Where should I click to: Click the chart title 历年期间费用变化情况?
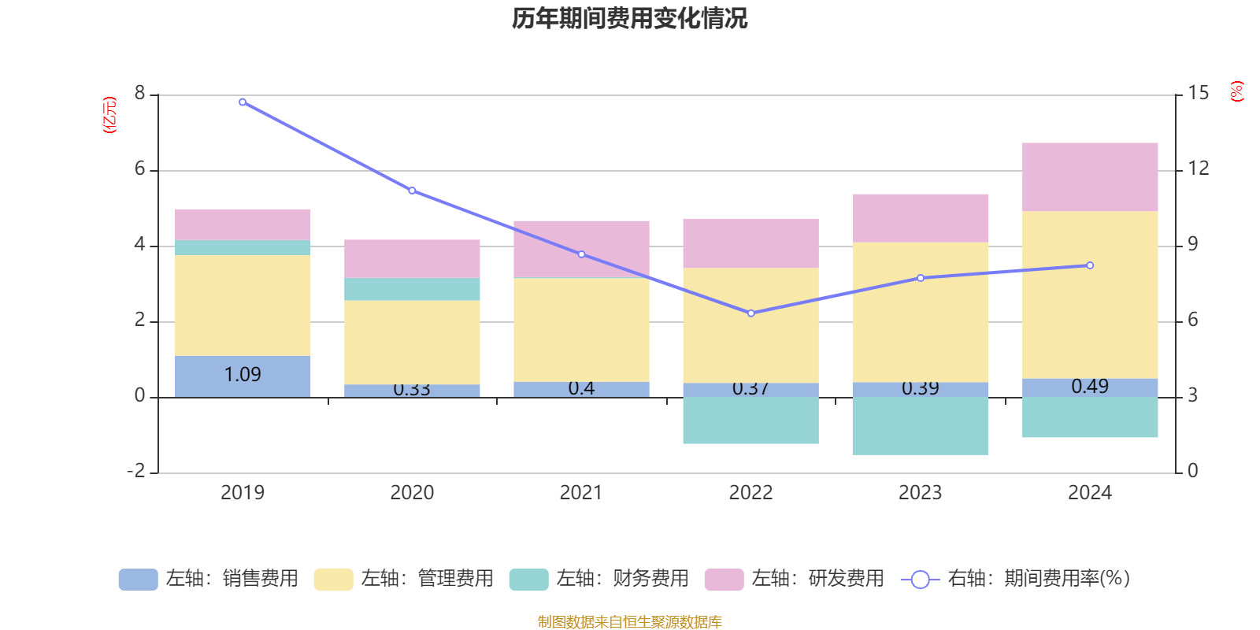[629, 18]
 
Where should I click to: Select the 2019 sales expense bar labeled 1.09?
[243, 376]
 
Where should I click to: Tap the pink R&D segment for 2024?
[1090, 176]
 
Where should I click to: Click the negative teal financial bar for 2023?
[920, 425]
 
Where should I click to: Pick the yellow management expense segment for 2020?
[412, 342]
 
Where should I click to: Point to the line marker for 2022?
[751, 313]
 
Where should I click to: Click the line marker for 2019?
[243, 102]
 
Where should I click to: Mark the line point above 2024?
[1090, 265]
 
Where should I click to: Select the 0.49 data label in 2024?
[1090, 387]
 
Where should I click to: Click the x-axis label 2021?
[581, 493]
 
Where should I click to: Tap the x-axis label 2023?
[920, 493]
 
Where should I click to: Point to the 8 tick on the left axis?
[140, 94]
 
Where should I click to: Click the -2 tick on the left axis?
[137, 471]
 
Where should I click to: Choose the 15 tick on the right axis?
[1198, 94]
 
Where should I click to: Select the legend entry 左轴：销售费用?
[209, 579]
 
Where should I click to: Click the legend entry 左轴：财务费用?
[599, 579]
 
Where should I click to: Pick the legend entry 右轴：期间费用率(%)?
[1015, 579]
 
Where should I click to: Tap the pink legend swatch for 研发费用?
[724, 580]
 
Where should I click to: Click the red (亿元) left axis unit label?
[109, 115]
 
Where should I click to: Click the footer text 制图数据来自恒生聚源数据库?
[629, 622]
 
